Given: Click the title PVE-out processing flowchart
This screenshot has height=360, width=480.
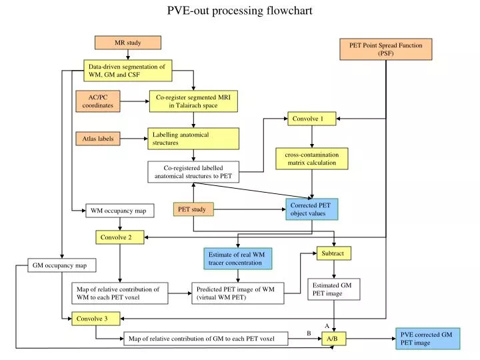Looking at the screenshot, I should coord(239,11).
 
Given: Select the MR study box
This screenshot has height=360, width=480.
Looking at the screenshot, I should coord(127,43).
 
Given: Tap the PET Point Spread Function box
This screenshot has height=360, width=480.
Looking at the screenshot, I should coord(386,49).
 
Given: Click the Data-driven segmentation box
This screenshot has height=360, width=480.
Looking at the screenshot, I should coord(127,70).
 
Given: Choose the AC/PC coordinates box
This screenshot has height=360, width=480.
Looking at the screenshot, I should coord(98,101).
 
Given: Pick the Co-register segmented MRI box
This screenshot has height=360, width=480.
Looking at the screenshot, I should coord(193,101).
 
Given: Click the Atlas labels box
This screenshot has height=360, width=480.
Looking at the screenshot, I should coord(98,139).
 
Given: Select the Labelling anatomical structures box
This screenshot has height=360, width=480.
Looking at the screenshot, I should coord(193,139).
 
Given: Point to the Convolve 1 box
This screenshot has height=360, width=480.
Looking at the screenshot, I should coord(310,119).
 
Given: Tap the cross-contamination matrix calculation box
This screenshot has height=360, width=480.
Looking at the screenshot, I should coord(311,159).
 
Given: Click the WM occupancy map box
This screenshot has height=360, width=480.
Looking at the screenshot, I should coord(120,211).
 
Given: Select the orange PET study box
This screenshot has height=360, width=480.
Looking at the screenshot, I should coord(193,209).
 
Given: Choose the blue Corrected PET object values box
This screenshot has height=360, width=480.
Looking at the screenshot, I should coord(312,209).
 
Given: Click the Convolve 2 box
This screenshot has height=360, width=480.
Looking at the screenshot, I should coord(119,237).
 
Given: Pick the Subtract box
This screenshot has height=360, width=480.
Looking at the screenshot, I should coord(333,253).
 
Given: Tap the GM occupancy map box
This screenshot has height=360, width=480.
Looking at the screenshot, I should coord(62,265).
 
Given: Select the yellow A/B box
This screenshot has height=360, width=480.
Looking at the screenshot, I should coord(333,339).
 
